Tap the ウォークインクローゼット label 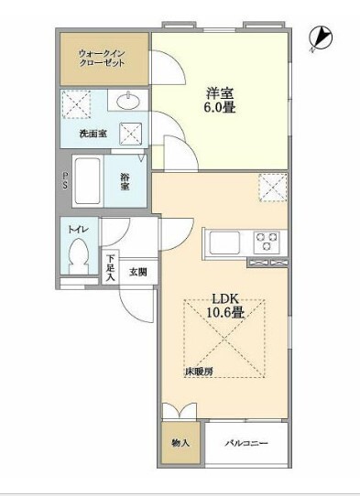[104, 58]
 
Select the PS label [65, 183]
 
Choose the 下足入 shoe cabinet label [110, 269]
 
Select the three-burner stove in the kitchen [267, 242]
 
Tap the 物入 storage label [180, 443]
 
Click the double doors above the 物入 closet [180, 411]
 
